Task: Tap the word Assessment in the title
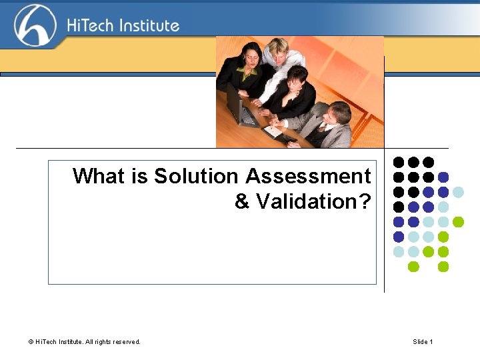coord(308,176)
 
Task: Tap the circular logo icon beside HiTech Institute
coord(35,25)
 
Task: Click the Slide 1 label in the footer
coord(423,342)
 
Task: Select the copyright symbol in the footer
coord(31,342)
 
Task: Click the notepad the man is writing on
coord(274,131)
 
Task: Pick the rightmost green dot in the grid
coord(458,222)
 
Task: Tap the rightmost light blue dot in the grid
coord(458,192)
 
